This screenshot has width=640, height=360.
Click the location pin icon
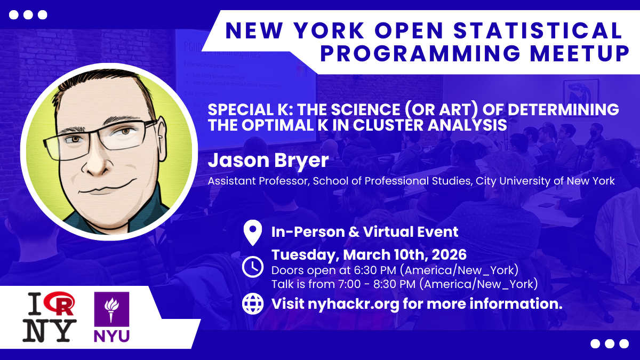253,233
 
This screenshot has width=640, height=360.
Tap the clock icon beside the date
253,267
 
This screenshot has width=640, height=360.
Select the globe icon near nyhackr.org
253,303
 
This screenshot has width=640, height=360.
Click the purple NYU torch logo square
111,309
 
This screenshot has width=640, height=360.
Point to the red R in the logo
61,304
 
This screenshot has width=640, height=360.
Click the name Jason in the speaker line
237,161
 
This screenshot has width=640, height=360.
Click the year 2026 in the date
449,255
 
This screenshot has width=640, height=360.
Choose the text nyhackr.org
353,303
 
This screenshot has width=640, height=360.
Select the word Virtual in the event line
387,231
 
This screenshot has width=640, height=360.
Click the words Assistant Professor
259,181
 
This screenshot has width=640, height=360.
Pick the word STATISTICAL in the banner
538,30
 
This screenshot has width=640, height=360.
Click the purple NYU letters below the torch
111,336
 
